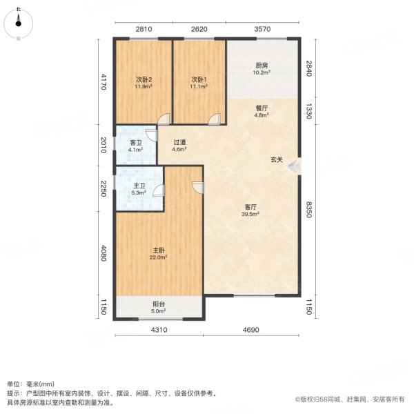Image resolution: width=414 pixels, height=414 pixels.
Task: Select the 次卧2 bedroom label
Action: [144, 79]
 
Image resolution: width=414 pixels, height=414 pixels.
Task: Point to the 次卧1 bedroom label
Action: [199, 79]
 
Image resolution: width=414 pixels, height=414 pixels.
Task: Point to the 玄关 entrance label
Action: [276, 160]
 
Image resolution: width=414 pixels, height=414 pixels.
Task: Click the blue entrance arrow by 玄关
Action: [295, 166]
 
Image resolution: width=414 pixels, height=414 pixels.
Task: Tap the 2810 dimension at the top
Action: [143, 29]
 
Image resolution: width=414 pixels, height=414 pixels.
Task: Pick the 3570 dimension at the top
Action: [263, 29]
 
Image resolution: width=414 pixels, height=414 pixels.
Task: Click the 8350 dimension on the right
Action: [310, 210]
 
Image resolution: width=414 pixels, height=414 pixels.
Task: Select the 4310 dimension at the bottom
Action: [159, 331]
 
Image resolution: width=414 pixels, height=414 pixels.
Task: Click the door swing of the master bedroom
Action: [198, 187]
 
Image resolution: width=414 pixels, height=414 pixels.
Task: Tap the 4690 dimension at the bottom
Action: [250, 331]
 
